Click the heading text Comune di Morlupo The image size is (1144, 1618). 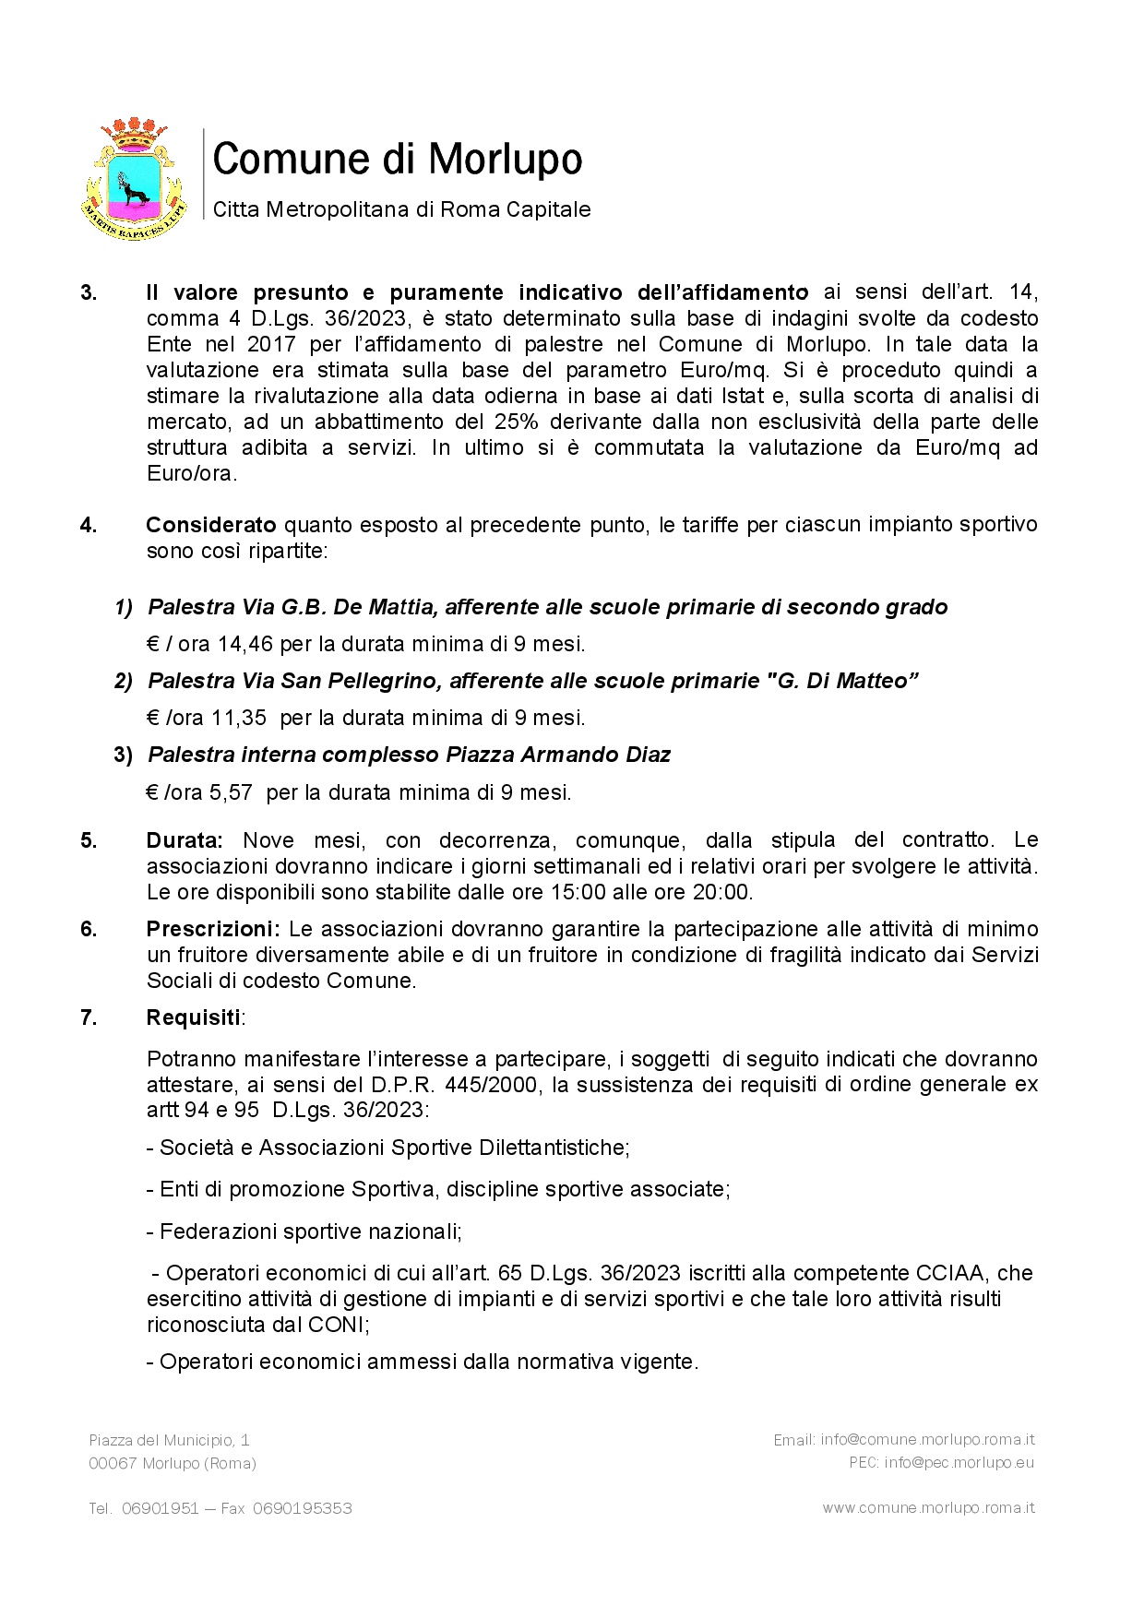(x=398, y=160)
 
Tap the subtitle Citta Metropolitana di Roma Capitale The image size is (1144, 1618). (x=401, y=209)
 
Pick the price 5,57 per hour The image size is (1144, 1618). (x=231, y=792)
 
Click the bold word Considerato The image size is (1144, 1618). (x=211, y=525)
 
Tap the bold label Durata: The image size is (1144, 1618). (x=185, y=840)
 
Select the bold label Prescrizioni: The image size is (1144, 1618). (x=213, y=929)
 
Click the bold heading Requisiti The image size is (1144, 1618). (x=193, y=1017)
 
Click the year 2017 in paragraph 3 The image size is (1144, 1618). (x=271, y=344)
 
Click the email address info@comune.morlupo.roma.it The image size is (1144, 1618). (x=927, y=1440)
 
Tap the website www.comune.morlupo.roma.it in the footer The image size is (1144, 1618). (x=928, y=1508)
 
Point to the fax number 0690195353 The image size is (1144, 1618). (x=302, y=1508)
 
